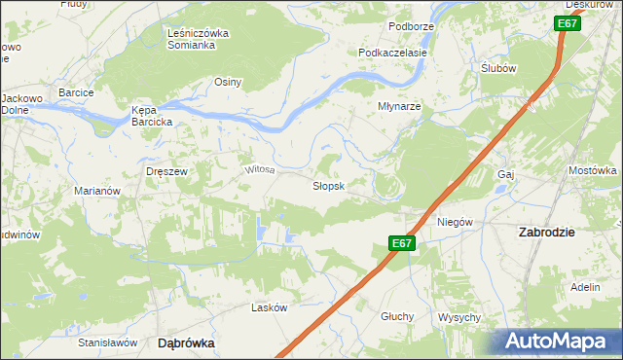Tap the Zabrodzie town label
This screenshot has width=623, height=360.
546,233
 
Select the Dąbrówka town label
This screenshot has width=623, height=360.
186,343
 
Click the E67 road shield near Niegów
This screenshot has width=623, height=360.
403,244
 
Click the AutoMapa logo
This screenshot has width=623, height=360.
560,342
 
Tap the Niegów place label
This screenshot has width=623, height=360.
455,222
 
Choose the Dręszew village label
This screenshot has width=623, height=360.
165,170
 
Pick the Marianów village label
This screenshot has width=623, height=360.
97,191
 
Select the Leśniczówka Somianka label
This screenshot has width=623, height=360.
198,39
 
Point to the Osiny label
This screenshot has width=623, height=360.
228,82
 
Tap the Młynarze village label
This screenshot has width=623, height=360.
399,107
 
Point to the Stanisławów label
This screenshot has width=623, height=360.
105,342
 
